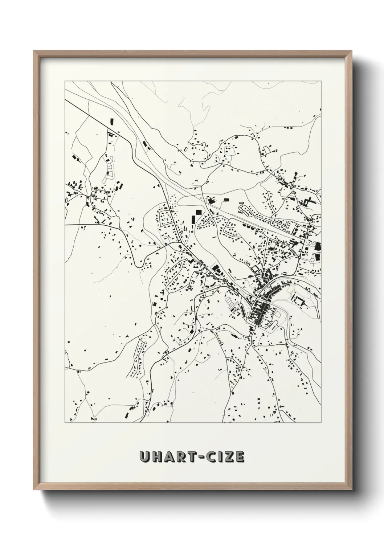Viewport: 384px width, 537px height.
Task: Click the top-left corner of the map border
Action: click(x=65, y=81)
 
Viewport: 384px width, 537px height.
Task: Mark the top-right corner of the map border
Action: click(x=321, y=81)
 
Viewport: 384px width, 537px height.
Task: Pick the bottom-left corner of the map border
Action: click(x=65, y=423)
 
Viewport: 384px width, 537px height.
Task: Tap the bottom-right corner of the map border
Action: click(x=321, y=423)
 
